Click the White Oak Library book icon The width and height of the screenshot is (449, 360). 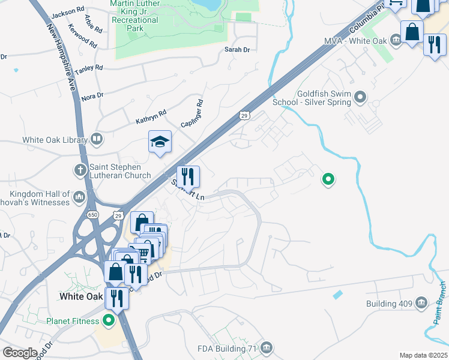96,140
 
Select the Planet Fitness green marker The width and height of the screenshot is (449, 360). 109,321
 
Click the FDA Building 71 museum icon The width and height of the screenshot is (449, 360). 267,348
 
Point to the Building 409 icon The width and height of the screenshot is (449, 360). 421,304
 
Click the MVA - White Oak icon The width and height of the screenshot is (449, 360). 396,40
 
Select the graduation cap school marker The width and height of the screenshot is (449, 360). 160,142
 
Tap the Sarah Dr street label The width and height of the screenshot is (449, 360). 237,50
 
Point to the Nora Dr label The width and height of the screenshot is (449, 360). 92,96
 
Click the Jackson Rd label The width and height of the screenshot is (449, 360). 68,12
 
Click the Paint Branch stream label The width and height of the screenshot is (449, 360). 440,303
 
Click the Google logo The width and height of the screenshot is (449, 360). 20,353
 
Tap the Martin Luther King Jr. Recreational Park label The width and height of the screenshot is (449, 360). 135,16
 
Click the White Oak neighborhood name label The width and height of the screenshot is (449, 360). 82,296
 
